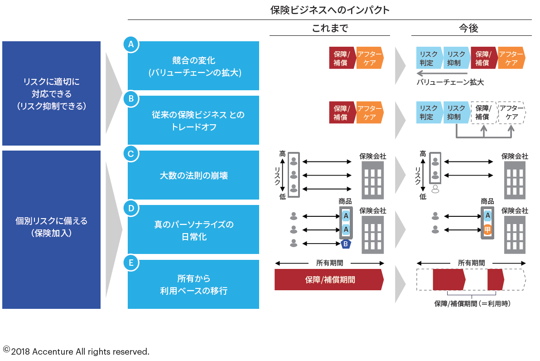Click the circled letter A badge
pyautogui.click(x=131, y=44)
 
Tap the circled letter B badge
pyautogui.click(x=131, y=98)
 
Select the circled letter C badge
pyautogui.click(x=131, y=154)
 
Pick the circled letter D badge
pyautogui.click(x=131, y=208)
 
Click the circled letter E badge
pyautogui.click(x=131, y=263)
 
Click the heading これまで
pyautogui.click(x=330, y=29)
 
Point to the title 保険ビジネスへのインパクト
pyautogui.click(x=330, y=10)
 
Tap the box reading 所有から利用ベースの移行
pyautogui.click(x=193, y=284)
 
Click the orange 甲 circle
pyautogui.click(x=487, y=229)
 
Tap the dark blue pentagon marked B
pyautogui.click(x=346, y=244)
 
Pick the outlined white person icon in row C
pyautogui.click(x=435, y=189)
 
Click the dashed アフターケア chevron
pyautogui.click(x=511, y=112)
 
